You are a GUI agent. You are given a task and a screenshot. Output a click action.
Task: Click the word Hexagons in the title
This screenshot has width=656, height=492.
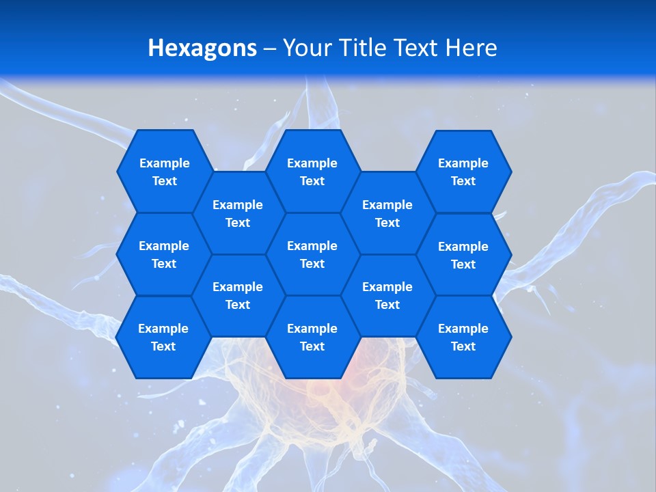pyautogui.click(x=202, y=48)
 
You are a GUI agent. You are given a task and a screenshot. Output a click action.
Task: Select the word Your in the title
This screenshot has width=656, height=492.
pyautogui.click(x=306, y=48)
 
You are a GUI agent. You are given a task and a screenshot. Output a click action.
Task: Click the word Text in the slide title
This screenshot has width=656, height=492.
pyautogui.click(x=416, y=48)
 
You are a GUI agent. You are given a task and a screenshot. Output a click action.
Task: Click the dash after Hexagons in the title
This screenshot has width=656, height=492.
pyautogui.click(x=270, y=49)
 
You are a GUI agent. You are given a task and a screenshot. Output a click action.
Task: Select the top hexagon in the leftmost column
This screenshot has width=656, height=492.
pyautogui.click(x=164, y=172)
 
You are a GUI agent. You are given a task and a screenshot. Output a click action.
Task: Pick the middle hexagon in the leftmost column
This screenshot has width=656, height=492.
pyautogui.click(x=164, y=254)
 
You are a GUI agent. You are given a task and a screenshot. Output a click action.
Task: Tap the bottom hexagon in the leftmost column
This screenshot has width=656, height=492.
pyautogui.click(x=163, y=337)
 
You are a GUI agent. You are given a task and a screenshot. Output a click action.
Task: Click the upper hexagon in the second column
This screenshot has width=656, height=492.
pyautogui.click(x=238, y=213)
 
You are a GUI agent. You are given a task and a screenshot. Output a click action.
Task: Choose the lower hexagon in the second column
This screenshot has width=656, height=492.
pyautogui.click(x=238, y=295)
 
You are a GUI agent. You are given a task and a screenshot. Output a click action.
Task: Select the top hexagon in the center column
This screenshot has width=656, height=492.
pyautogui.click(x=312, y=172)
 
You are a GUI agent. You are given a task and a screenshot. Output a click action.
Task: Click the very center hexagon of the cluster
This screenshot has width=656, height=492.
pyautogui.click(x=312, y=254)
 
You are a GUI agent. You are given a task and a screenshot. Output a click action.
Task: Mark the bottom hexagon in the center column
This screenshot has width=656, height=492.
pyautogui.click(x=312, y=337)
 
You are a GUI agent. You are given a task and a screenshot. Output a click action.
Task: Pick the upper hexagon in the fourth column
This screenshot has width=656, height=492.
pyautogui.click(x=387, y=213)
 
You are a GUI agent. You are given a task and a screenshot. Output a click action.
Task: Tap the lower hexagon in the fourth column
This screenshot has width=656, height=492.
pyautogui.click(x=387, y=295)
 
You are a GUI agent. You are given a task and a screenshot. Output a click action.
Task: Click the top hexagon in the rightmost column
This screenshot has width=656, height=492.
pyautogui.click(x=463, y=172)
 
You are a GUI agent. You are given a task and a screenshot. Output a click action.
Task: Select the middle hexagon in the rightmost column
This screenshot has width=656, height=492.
pyautogui.click(x=463, y=255)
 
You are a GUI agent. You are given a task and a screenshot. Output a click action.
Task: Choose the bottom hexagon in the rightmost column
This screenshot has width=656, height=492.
pyautogui.click(x=463, y=337)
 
